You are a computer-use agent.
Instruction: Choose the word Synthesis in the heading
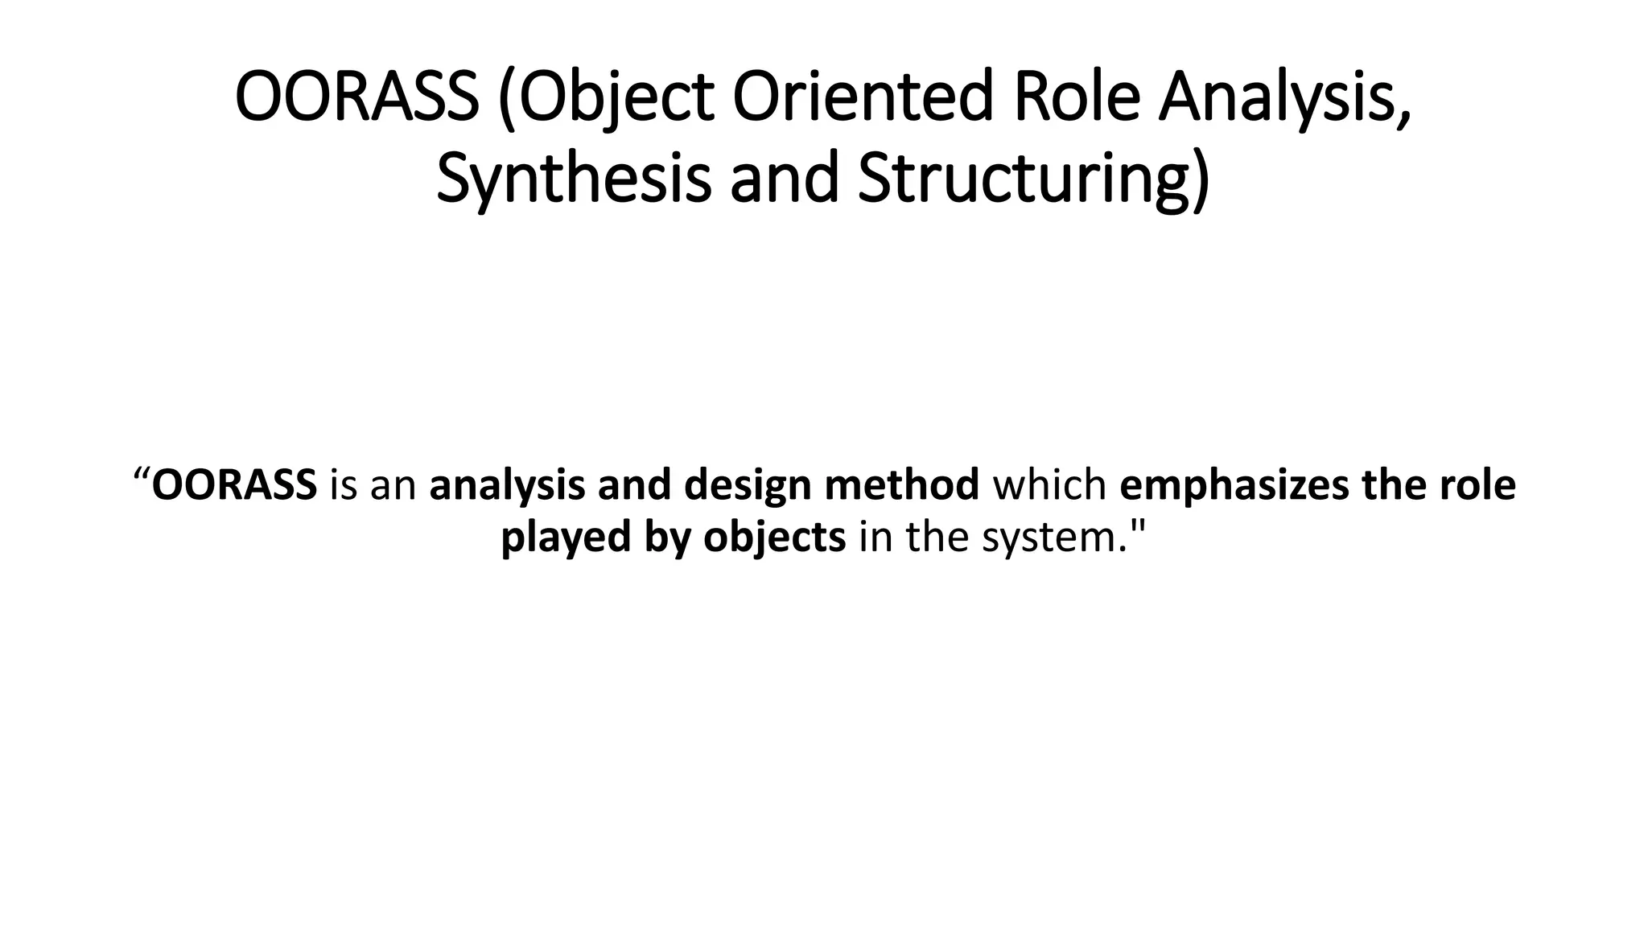click(x=574, y=178)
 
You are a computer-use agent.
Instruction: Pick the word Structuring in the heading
click(x=1032, y=178)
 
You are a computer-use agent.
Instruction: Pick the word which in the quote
click(x=1049, y=485)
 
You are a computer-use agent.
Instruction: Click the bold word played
click(x=566, y=538)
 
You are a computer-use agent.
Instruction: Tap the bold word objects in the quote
click(x=775, y=538)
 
